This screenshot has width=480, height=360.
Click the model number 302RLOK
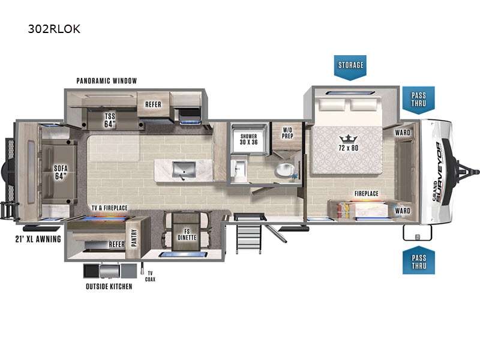tap(54, 29)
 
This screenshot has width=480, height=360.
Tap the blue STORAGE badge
tap(350, 67)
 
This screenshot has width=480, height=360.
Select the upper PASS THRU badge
tap(418, 100)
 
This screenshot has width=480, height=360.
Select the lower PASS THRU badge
tap(418, 260)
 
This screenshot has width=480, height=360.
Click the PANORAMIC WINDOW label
tap(107, 81)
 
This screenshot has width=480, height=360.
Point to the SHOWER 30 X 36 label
tap(248, 139)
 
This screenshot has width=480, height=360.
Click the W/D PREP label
tap(287, 133)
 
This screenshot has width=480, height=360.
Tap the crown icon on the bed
tap(349, 139)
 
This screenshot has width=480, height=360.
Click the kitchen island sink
tap(184, 170)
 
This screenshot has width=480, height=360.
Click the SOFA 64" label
tap(61, 172)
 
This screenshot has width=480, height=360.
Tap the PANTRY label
tap(134, 238)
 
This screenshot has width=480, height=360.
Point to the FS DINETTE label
tap(187, 235)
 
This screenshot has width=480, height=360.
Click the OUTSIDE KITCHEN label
tap(109, 287)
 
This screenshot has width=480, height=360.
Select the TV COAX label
tap(150, 276)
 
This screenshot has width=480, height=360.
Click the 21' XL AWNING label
tap(38, 239)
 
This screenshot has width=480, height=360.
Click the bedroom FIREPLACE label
tap(367, 193)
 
